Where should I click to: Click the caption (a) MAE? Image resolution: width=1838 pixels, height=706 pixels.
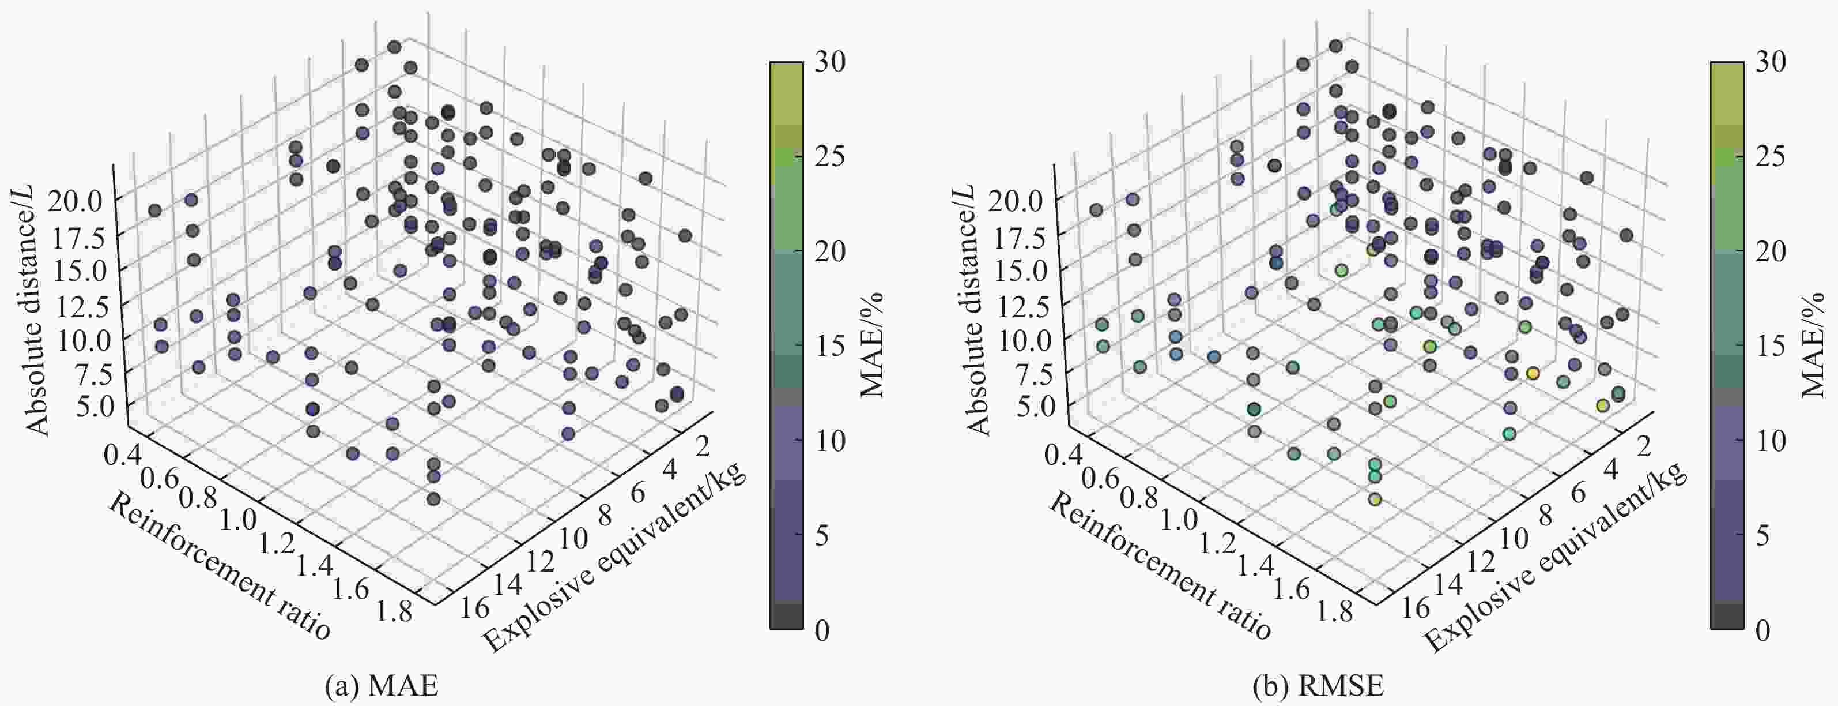pyautogui.click(x=381, y=686)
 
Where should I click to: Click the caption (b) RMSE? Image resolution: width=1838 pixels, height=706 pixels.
pyautogui.click(x=1318, y=686)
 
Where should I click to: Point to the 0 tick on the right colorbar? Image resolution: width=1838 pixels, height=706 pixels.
pyautogui.click(x=1762, y=630)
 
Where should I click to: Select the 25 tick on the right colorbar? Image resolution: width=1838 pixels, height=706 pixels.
pyautogui.click(x=1770, y=156)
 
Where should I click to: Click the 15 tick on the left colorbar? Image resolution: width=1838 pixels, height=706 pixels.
pyautogui.click(x=830, y=346)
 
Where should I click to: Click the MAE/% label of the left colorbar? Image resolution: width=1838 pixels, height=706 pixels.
pyautogui.click(x=872, y=344)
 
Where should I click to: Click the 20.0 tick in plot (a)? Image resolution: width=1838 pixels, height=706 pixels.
pyautogui.click(x=77, y=201)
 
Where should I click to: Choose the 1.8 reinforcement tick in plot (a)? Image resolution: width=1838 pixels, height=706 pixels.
pyautogui.click(x=395, y=611)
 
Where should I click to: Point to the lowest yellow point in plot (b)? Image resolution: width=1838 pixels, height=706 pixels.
pyautogui.click(x=1375, y=500)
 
